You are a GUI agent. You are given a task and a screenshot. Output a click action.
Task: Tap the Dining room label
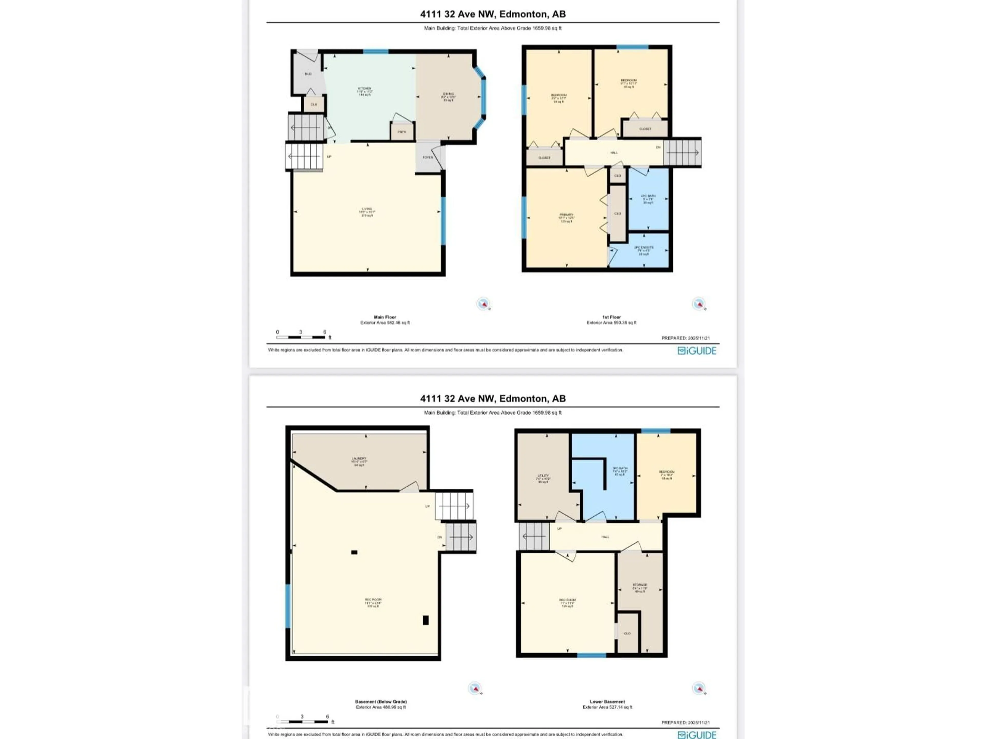pyautogui.click(x=448, y=97)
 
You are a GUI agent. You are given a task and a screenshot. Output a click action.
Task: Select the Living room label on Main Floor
pyautogui.click(x=367, y=212)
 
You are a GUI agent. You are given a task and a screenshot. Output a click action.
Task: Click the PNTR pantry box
pyautogui.click(x=402, y=132)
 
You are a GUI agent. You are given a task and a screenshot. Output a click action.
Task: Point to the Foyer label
pyautogui.click(x=428, y=157)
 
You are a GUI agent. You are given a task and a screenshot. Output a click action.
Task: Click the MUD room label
pyautogui.click(x=308, y=74)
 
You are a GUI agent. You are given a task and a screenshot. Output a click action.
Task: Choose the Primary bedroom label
pyautogui.click(x=566, y=217)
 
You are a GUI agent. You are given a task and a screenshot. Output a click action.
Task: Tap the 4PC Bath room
pyautogui.click(x=648, y=199)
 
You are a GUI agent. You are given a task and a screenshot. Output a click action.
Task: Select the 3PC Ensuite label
pyautogui.click(x=644, y=250)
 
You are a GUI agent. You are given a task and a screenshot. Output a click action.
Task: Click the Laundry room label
pyautogui.click(x=359, y=461)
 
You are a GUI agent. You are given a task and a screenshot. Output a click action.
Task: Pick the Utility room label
pyautogui.click(x=543, y=478)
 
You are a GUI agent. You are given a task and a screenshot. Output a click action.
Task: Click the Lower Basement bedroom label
pyautogui.click(x=667, y=475)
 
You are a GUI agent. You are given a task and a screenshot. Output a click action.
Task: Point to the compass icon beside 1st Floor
pyautogui.click(x=698, y=304)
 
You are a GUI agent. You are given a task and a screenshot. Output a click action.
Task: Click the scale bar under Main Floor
pyautogui.click(x=301, y=337)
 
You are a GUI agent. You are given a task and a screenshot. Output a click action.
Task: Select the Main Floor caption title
pyautogui.click(x=385, y=317)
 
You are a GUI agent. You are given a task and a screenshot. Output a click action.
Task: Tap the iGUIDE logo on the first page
pyautogui.click(x=697, y=351)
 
